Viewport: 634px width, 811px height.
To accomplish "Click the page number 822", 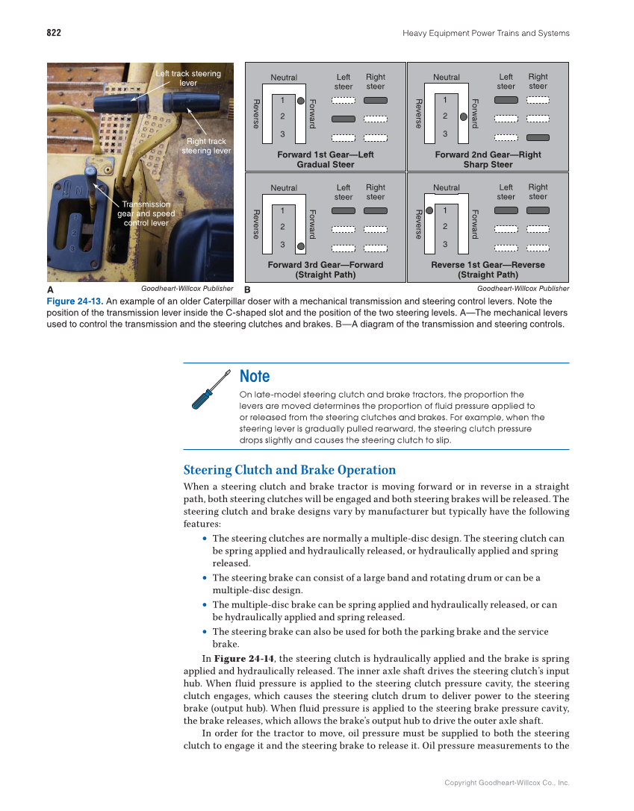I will (x=53, y=33).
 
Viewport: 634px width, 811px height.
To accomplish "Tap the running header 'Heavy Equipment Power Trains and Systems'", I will (x=485, y=33).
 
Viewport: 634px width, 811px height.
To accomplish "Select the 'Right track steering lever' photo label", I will (x=206, y=145).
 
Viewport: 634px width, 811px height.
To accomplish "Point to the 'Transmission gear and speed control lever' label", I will (x=146, y=213).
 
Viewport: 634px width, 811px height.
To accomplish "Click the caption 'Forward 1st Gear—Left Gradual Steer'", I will (x=325, y=159).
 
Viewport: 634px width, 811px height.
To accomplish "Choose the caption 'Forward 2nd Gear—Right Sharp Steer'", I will (x=488, y=159).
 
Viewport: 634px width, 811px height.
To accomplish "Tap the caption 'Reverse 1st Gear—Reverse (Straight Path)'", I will (x=488, y=269).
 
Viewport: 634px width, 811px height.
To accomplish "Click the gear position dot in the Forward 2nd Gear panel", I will (x=463, y=116).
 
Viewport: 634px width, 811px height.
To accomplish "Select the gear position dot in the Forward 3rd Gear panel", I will (x=300, y=245).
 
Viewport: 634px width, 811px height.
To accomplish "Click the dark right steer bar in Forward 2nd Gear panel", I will (x=538, y=137).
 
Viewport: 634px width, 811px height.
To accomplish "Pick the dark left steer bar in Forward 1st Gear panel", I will (x=344, y=119).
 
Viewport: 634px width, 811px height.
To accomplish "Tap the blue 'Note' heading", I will (x=255, y=376).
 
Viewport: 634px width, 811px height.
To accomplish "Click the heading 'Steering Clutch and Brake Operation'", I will (x=290, y=470).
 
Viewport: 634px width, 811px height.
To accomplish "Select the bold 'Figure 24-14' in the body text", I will (x=244, y=659).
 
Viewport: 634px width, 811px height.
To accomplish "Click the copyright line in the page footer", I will (x=506, y=783).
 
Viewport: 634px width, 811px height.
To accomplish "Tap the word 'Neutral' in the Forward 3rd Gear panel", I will (x=284, y=188).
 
